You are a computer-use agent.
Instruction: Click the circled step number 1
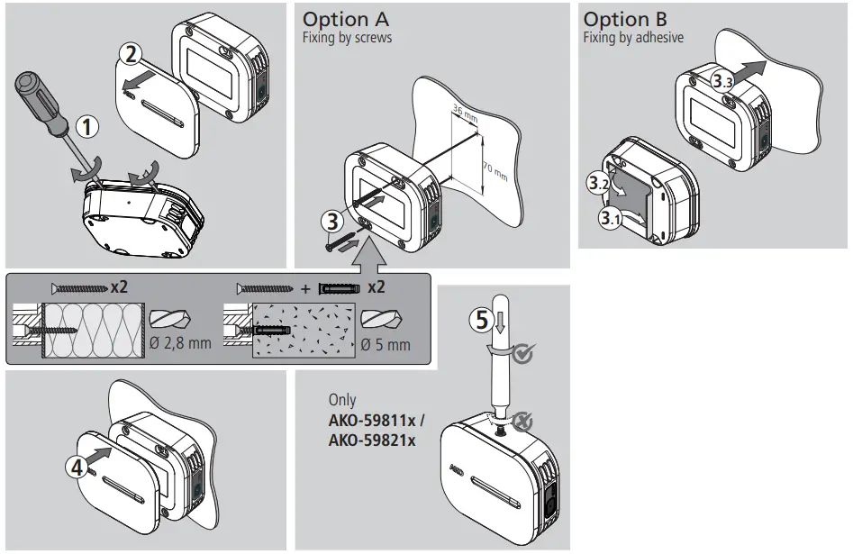[86, 127]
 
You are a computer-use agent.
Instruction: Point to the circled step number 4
[77, 467]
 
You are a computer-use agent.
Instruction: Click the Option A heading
[347, 19]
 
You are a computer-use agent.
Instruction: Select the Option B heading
[628, 19]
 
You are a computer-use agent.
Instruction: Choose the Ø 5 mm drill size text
[385, 344]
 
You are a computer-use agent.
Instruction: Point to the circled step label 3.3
[721, 80]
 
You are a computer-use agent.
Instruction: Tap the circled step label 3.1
[610, 217]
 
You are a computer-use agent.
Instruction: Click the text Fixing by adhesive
[633, 38]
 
